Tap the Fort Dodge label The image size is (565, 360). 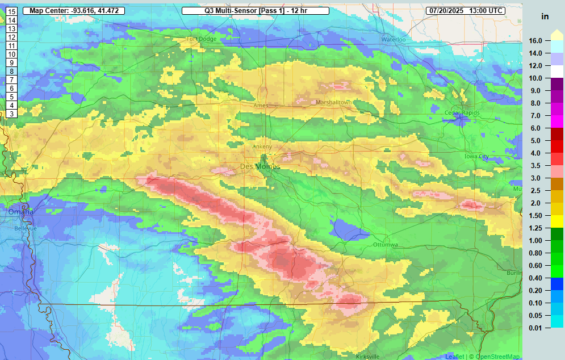pos(200,39)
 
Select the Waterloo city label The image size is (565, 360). pos(394,40)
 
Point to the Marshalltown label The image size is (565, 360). pos(334,102)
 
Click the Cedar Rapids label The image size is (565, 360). pos(463,112)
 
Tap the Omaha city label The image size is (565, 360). pos(21,212)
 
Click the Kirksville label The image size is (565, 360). pos(367,356)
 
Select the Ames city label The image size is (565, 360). pos(261,106)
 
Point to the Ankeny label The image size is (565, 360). pos(262,146)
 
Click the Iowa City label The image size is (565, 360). pos(476,156)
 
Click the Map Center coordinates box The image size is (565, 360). pos(73,11)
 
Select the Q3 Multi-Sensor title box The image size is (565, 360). pos(256,11)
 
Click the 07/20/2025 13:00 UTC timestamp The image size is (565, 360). pos(466,11)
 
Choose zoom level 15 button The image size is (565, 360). pos(11,11)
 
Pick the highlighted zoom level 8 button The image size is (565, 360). pos(11,72)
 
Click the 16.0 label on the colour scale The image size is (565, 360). pos(535,41)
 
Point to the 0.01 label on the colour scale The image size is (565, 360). pos(535,328)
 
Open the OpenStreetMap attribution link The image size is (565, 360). pos(497,357)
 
